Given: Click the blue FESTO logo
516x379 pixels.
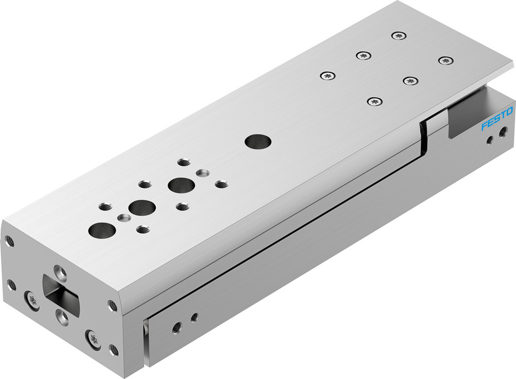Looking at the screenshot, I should click(497, 118).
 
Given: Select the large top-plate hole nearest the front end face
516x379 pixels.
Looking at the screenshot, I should click(102, 230).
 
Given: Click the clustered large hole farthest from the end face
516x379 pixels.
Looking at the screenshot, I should click(180, 184).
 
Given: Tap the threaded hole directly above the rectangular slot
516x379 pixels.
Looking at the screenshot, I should click(60, 271).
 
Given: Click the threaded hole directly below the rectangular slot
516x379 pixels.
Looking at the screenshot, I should click(63, 316).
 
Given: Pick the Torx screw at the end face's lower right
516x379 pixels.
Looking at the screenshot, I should click(93, 339).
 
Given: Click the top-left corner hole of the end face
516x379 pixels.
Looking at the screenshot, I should click(9, 240).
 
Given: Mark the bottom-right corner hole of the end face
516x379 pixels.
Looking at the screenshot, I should click(114, 351).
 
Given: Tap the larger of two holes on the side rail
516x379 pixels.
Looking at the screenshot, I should click(177, 327).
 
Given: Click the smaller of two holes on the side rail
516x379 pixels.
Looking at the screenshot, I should click(194, 317).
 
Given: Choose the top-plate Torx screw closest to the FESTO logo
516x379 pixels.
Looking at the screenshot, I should click(445, 61).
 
